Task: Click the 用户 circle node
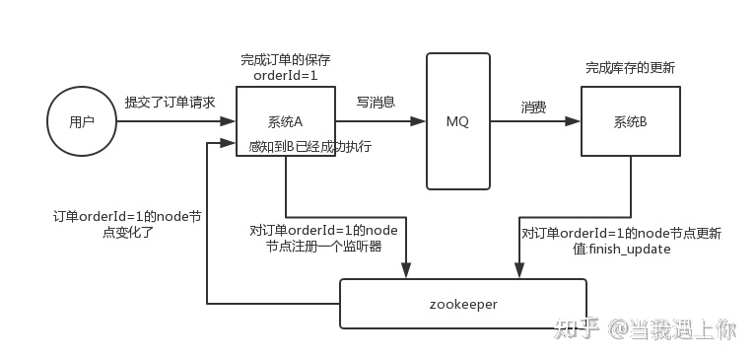point(82,122)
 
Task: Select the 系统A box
point(285,121)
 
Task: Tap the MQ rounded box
point(457,121)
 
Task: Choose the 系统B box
point(630,121)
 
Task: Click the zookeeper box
point(463,304)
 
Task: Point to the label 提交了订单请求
point(170,103)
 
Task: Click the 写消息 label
point(376,103)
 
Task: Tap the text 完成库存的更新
point(631,68)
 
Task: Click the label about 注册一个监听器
point(324,240)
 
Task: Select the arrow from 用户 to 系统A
point(175,122)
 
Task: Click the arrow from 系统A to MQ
point(379,122)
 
